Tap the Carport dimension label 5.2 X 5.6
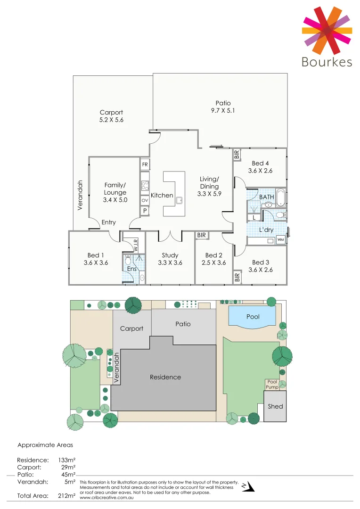(111, 120)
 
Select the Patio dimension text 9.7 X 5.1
(223, 111)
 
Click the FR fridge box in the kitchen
(145, 164)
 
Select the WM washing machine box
(280, 240)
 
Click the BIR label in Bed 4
(237, 154)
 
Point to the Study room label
(170, 255)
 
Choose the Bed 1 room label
(96, 255)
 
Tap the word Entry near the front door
(108, 222)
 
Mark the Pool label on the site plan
(253, 317)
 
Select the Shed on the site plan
(275, 406)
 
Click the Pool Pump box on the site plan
(272, 384)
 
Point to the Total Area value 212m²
(66, 495)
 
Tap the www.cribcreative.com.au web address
(105, 497)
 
